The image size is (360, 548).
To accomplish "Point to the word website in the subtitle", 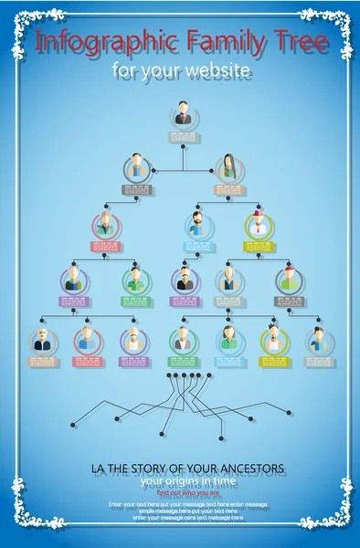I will [217, 69].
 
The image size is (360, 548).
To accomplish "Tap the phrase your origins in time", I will [189, 481].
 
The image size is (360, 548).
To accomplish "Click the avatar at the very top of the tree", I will [183, 116].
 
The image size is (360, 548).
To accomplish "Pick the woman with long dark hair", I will [228, 167].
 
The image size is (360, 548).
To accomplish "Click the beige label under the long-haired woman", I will [228, 190].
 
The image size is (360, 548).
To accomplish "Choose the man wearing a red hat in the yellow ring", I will [259, 224].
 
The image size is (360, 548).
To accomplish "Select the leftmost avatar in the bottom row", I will [42, 341].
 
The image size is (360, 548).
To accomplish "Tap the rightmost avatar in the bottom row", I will [319, 341].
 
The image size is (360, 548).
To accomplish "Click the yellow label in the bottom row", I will [274, 363].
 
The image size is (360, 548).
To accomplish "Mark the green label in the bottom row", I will [182, 363].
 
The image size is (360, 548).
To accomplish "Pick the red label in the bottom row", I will [89, 363].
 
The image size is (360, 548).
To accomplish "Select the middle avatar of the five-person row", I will [185, 279].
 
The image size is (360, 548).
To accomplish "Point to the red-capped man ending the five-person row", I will [290, 279].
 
